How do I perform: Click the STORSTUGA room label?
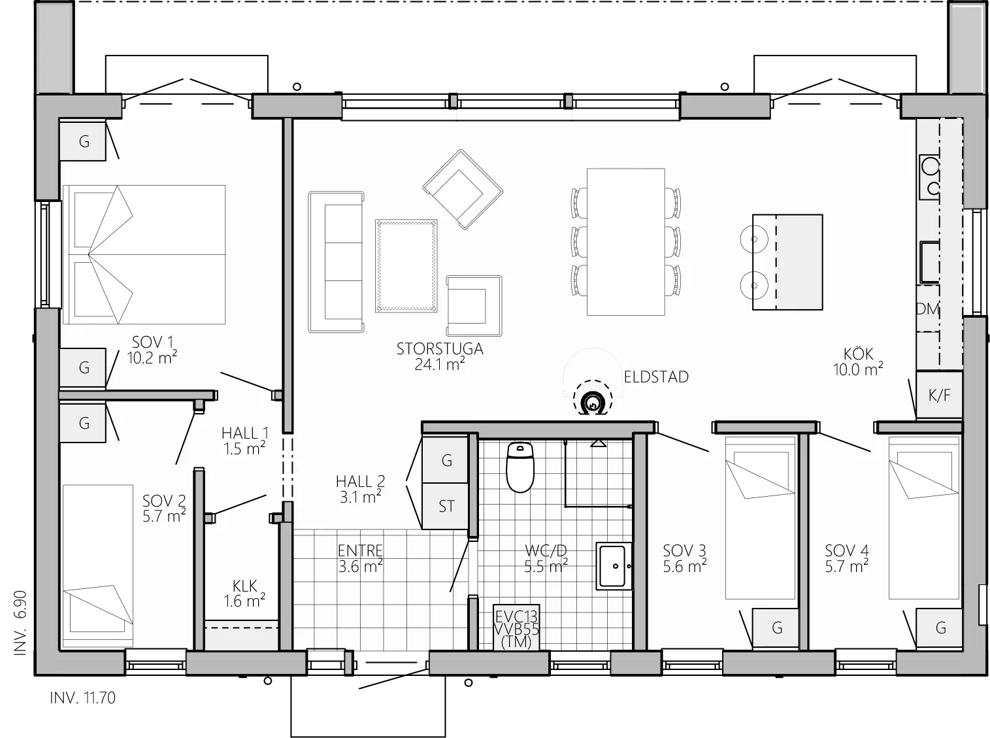440,348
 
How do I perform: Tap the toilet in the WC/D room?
520,467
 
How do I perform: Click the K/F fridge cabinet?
940,395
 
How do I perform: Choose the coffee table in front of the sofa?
406,266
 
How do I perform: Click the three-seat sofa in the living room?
336,262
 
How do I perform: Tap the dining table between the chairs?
625,242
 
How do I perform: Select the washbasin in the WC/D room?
614,566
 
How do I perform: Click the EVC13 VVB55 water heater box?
516,628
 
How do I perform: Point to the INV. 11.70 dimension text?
82,698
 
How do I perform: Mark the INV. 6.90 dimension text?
20,623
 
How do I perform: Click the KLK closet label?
244,586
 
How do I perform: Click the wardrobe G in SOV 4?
940,629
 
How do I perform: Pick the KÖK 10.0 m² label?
858,361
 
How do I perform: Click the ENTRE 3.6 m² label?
360,558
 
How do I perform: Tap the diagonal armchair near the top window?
463,190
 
